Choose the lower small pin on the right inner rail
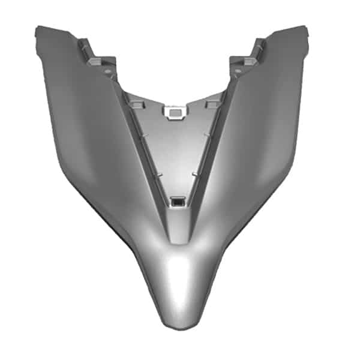coord(194,175)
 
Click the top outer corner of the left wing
coord(39,28)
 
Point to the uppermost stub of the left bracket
coord(82,43)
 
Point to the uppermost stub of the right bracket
coord(261,43)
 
